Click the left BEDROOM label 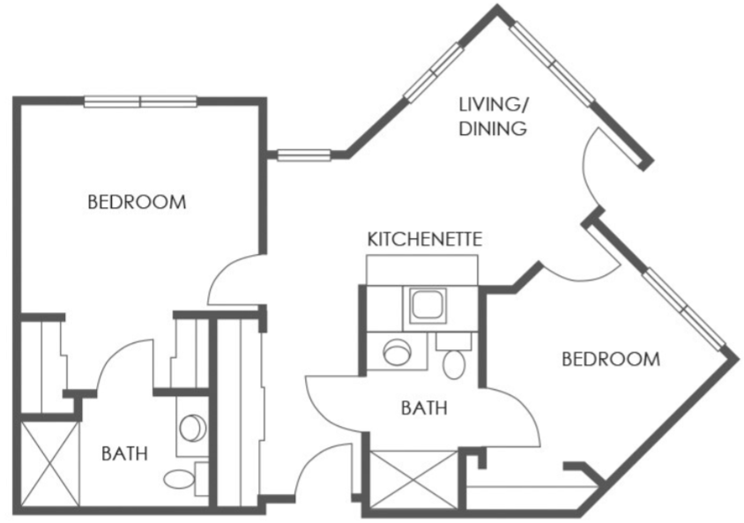[x=137, y=202]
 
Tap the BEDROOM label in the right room [x=611, y=359]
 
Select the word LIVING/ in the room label [x=494, y=105]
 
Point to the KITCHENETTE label [x=425, y=239]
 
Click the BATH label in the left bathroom [x=125, y=453]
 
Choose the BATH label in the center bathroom [x=424, y=408]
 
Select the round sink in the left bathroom [x=193, y=428]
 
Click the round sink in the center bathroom [x=396, y=352]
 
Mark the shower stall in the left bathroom [x=51, y=464]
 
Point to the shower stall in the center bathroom [x=413, y=479]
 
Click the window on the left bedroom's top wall [x=140, y=101]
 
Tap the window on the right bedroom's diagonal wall [x=685, y=309]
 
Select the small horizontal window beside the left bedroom [x=303, y=154]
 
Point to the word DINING [x=493, y=129]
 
